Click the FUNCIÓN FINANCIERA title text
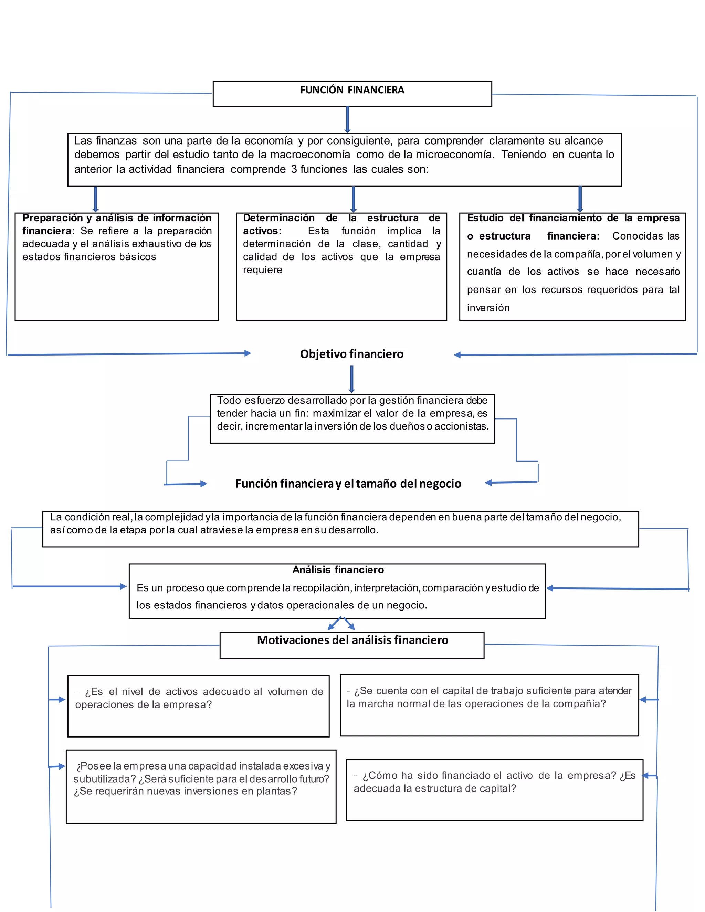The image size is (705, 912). click(x=352, y=90)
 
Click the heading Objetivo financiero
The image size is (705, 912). click(x=352, y=354)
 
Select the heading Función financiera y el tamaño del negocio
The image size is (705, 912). click(x=348, y=483)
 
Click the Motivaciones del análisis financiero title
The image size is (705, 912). click(x=352, y=640)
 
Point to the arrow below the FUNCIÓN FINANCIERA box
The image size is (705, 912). click(x=347, y=120)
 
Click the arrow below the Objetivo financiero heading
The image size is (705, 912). click(x=352, y=379)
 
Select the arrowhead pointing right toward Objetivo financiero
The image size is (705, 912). click(x=247, y=353)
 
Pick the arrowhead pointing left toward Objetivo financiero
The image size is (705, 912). click(x=458, y=355)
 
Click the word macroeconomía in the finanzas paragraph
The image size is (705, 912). click(x=310, y=155)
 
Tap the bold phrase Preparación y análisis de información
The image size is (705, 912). click(x=117, y=218)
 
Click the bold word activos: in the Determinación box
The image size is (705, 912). click(x=262, y=231)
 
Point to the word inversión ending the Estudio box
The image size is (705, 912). click(x=488, y=308)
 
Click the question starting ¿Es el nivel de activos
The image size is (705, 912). click(x=199, y=698)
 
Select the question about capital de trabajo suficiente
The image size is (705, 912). click(x=489, y=697)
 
